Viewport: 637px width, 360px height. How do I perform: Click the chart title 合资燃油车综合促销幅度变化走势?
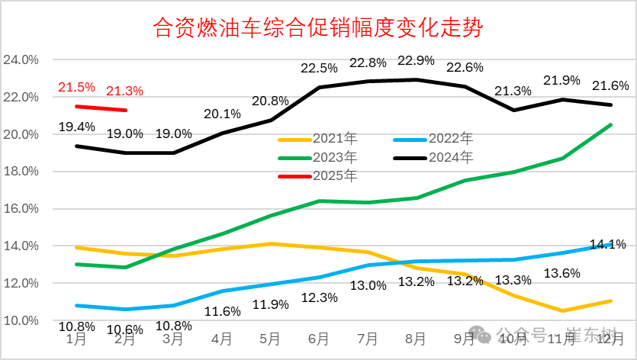pyautogui.click(x=318, y=29)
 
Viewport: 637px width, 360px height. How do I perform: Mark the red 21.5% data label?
pyautogui.click(x=77, y=87)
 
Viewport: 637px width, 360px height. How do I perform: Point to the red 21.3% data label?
pyautogui.click(x=124, y=91)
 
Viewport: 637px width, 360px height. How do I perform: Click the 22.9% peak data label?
pyautogui.click(x=416, y=60)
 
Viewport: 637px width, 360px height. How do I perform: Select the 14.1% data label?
pyautogui.click(x=607, y=245)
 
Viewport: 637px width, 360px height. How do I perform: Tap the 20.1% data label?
pyautogui.click(x=222, y=114)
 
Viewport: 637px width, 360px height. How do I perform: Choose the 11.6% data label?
pyautogui.click(x=222, y=310)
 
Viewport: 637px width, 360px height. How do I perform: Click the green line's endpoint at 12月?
pyautogui.click(x=611, y=125)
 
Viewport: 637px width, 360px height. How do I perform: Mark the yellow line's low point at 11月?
pyautogui.click(x=563, y=310)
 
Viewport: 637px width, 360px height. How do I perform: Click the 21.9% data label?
pyautogui.click(x=561, y=80)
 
